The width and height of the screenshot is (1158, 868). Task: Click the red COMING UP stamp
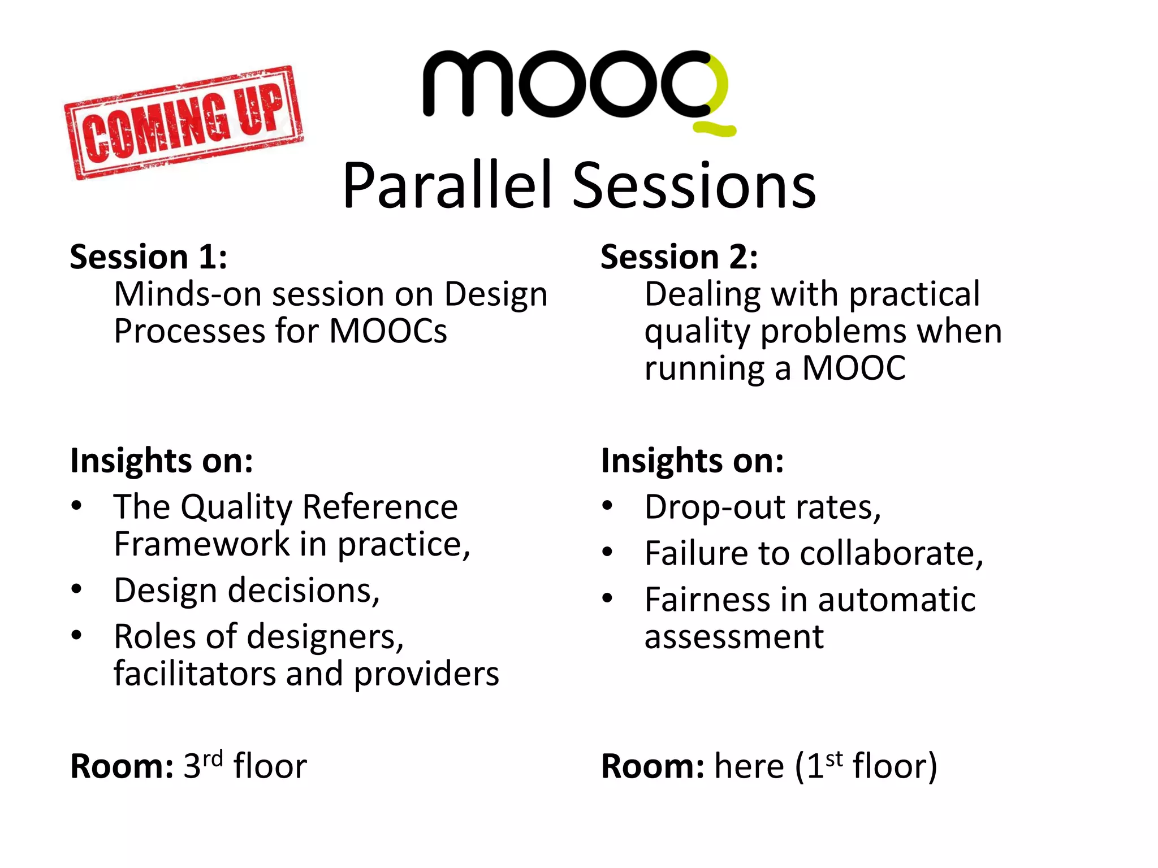click(x=184, y=123)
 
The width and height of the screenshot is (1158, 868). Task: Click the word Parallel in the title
click(x=447, y=186)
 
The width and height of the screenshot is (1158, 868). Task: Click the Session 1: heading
click(x=149, y=257)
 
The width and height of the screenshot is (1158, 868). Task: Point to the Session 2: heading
click(x=679, y=257)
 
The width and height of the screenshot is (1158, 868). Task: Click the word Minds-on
click(x=188, y=294)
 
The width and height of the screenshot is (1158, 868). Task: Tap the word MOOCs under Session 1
click(x=388, y=331)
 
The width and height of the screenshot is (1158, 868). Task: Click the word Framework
click(x=202, y=544)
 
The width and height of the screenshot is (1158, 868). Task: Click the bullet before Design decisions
click(x=77, y=589)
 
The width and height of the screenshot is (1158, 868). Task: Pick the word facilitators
click(x=195, y=674)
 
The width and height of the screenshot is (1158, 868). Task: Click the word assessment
click(x=734, y=637)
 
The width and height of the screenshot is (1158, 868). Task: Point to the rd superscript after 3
click(x=213, y=758)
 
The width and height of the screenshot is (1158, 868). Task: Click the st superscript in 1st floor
click(x=834, y=758)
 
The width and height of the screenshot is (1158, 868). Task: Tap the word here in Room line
click(x=749, y=767)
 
